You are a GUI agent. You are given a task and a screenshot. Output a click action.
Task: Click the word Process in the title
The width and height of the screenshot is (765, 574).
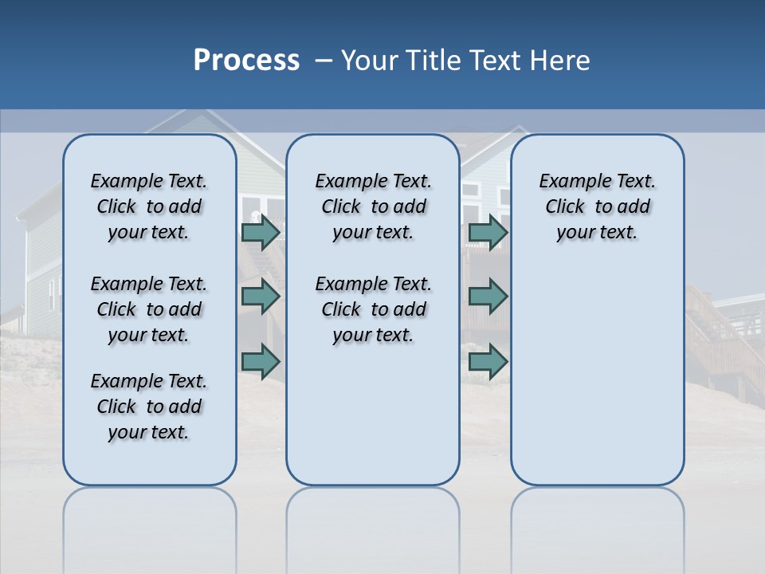tap(246, 61)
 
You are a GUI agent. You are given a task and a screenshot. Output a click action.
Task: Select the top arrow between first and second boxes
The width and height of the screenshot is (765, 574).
tap(260, 233)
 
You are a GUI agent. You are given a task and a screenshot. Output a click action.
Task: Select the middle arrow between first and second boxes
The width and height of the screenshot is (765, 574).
tap(260, 297)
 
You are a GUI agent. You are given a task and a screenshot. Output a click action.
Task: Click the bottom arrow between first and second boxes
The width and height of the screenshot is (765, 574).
tap(260, 361)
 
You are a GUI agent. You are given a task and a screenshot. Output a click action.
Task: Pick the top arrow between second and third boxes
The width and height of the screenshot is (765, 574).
tap(488, 233)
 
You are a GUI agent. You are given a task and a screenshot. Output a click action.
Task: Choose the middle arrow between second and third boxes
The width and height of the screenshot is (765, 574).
tap(488, 297)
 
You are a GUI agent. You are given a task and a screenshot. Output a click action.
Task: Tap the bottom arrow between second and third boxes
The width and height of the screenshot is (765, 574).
tap(488, 361)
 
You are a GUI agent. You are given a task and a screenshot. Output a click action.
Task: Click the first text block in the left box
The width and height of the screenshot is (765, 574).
tap(149, 206)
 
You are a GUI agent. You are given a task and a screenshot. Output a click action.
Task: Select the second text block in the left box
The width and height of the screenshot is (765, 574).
tap(149, 309)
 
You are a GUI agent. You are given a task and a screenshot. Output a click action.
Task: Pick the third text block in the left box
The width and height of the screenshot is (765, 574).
tap(149, 407)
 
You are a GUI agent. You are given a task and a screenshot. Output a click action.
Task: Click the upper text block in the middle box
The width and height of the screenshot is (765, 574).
tap(373, 206)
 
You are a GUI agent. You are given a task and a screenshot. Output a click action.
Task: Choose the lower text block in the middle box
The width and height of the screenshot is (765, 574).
tap(373, 309)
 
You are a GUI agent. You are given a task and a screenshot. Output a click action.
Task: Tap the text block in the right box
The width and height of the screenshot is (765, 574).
tap(597, 206)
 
